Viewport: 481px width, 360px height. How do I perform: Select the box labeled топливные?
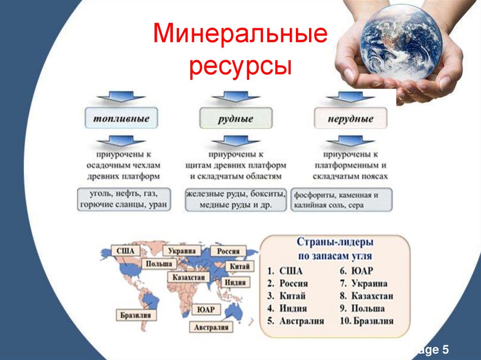tap(121, 118)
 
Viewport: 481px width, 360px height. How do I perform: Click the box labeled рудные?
tap(235, 118)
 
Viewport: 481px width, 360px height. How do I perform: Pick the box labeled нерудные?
tap(350, 118)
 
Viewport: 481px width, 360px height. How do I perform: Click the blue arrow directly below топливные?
tap(121, 139)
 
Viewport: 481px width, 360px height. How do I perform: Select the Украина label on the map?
tap(182, 251)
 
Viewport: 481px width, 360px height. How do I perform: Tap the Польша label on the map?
tap(158, 263)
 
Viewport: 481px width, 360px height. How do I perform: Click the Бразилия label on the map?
tap(135, 315)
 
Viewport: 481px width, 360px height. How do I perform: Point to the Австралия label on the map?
tap(211, 327)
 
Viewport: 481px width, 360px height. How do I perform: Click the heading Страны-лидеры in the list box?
tap(335, 243)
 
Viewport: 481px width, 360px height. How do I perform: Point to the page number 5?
tap(444, 350)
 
